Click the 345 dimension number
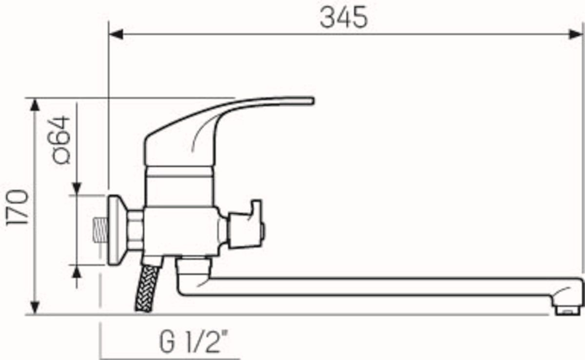click(344, 18)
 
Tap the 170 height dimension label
click(18, 207)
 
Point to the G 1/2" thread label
click(194, 341)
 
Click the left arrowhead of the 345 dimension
click(116, 34)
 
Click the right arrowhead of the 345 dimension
click(576, 34)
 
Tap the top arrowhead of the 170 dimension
click(35, 105)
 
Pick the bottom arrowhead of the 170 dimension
click(35, 308)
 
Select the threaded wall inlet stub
click(101, 230)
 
